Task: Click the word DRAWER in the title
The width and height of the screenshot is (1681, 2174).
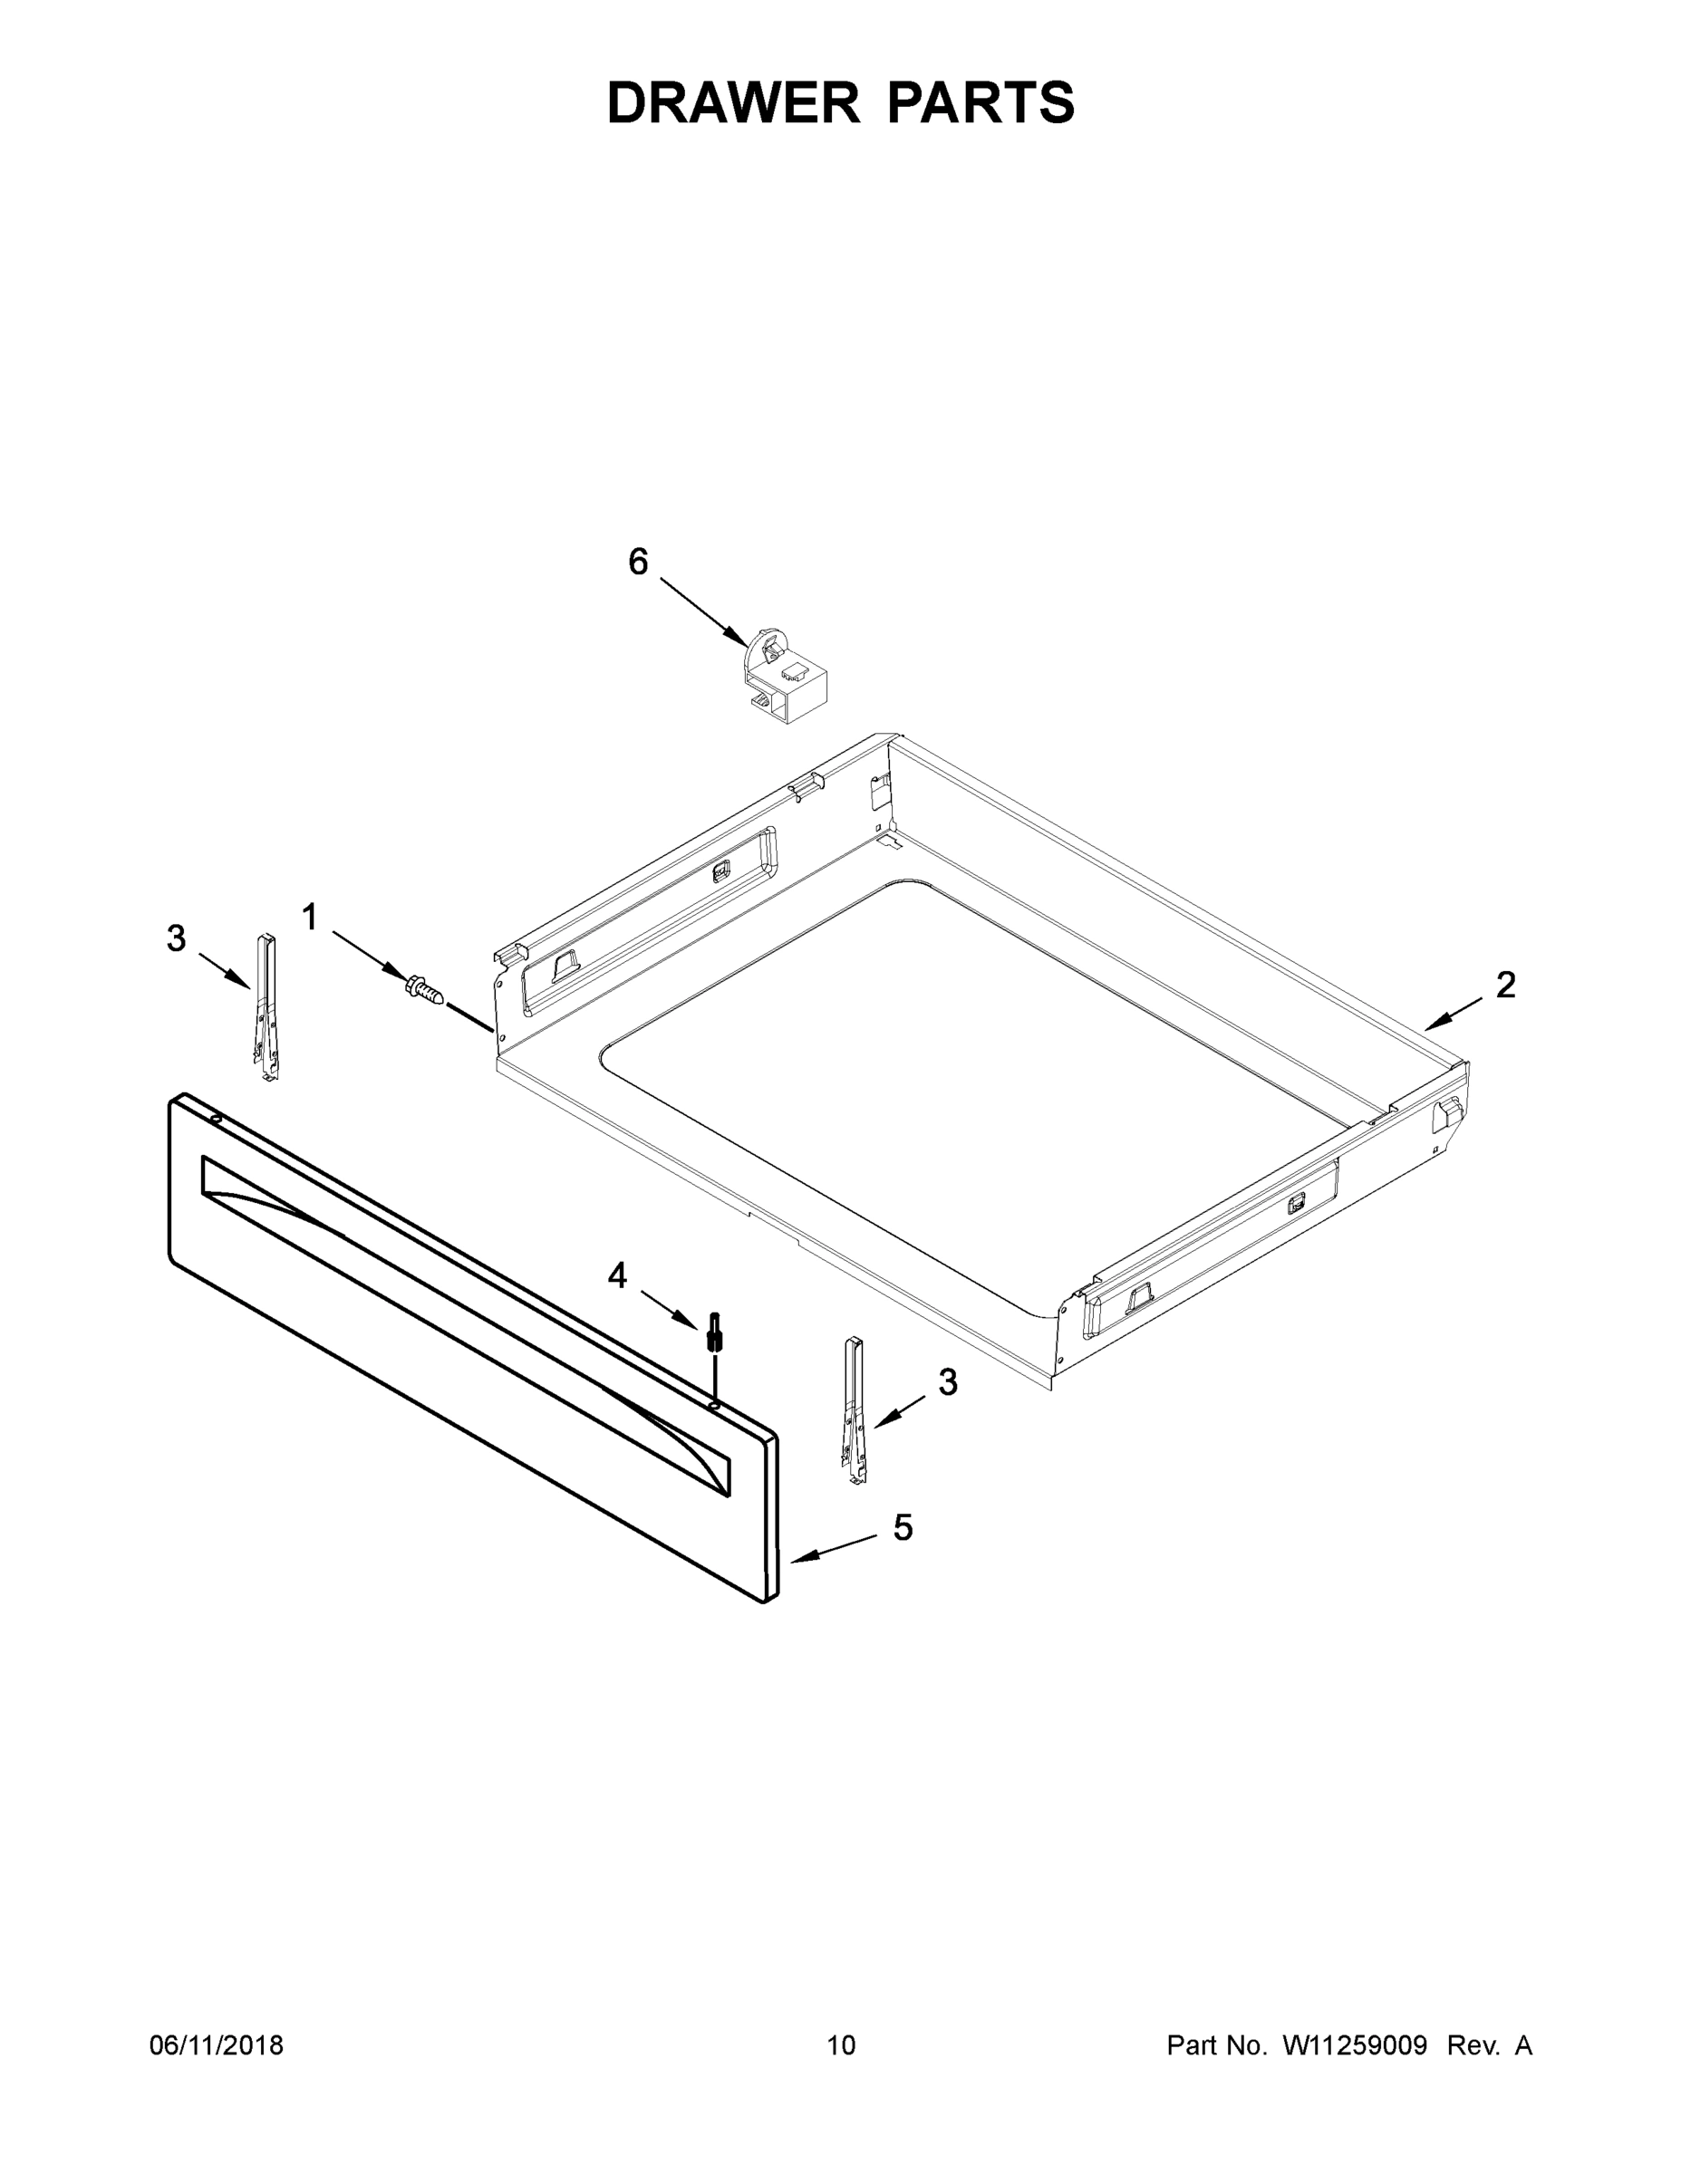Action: coord(733,103)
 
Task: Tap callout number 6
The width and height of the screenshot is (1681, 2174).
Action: coord(638,563)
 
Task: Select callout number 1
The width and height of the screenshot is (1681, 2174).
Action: coord(310,917)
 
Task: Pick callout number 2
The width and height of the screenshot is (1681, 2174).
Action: coord(1506,985)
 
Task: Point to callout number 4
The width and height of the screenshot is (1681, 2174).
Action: coord(617,1275)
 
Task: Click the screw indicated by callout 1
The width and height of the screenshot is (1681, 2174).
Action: coord(423,988)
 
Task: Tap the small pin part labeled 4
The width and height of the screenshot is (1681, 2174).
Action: coord(714,1332)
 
